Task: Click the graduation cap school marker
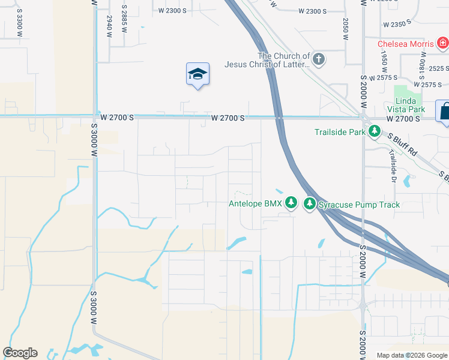pyautogui.click(x=197, y=74)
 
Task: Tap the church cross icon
pyautogui.click(x=319, y=59)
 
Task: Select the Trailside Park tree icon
pyautogui.click(x=375, y=131)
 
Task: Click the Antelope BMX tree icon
pyautogui.click(x=291, y=203)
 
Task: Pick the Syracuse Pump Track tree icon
pyautogui.click(x=310, y=204)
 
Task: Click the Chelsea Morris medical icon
pyautogui.click(x=442, y=43)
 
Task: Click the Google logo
pyautogui.click(x=20, y=353)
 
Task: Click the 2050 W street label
pyautogui.click(x=346, y=28)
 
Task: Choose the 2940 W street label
pyautogui.click(x=110, y=27)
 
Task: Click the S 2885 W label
pyautogui.click(x=124, y=18)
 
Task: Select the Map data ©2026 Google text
pyautogui.click(x=411, y=355)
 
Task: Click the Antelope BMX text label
pyautogui.click(x=255, y=204)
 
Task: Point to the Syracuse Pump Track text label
pyautogui.click(x=359, y=205)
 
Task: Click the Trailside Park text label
pyautogui.click(x=340, y=131)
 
